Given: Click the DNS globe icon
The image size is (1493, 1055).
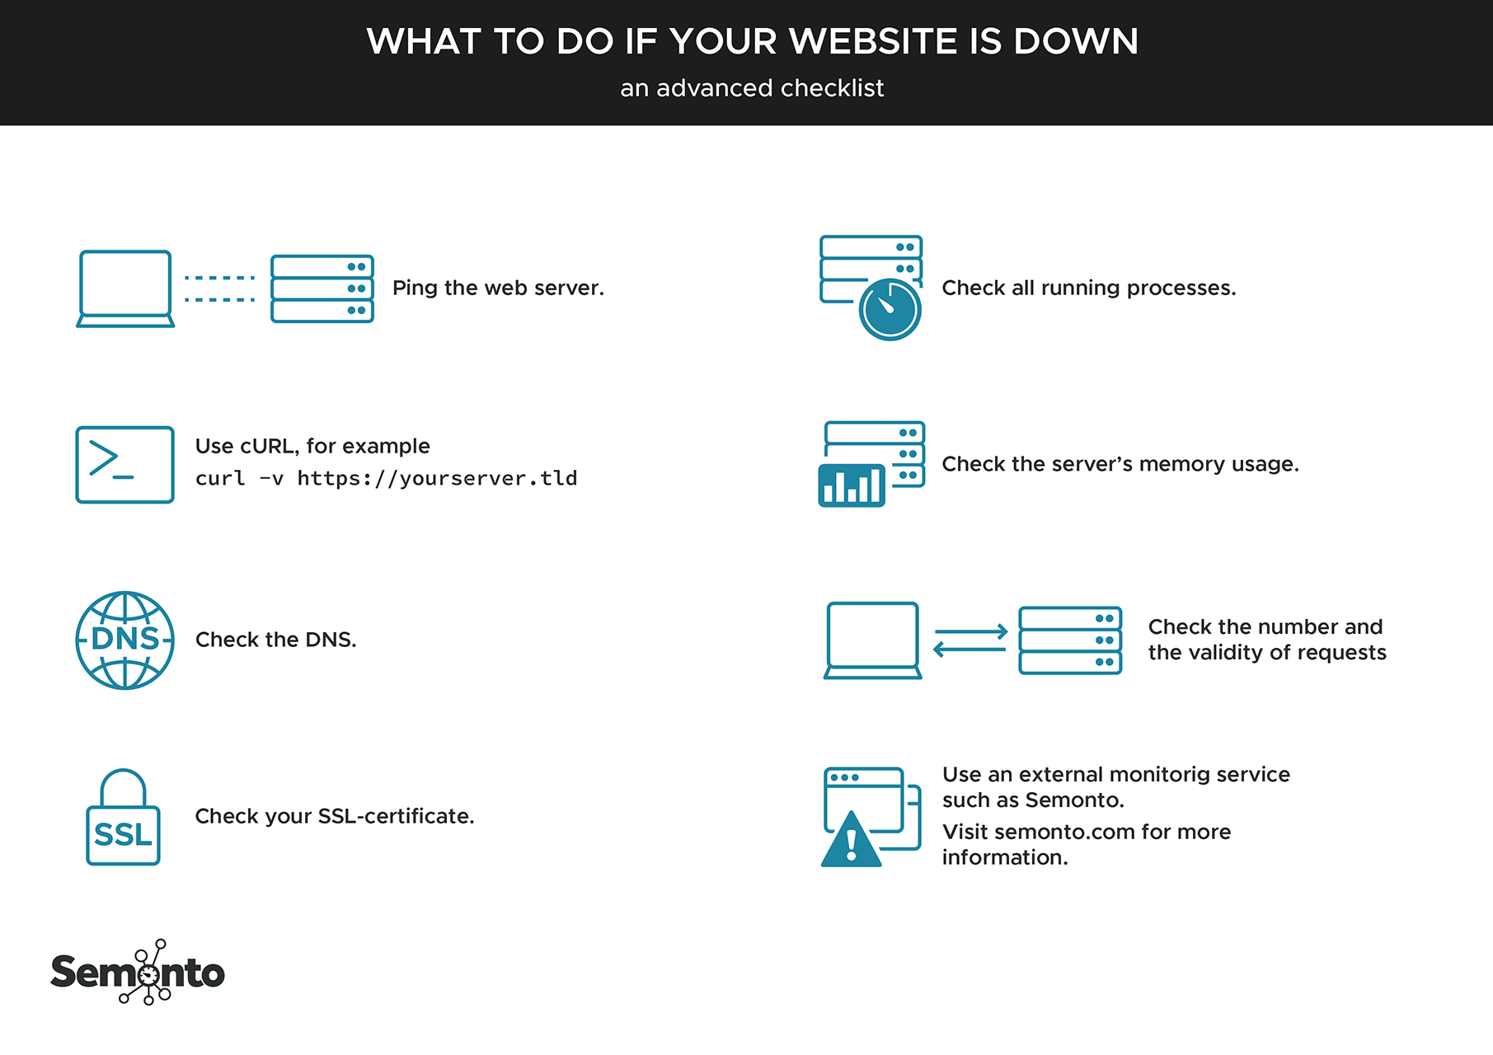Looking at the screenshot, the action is [x=124, y=640].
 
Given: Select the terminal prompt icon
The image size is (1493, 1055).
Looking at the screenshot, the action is [x=124, y=465].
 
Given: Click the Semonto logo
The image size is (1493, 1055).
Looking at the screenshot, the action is [x=138, y=973].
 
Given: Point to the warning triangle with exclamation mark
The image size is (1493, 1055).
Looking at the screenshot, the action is [x=851, y=839].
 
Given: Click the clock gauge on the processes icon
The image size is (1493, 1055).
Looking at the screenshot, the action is [x=890, y=310].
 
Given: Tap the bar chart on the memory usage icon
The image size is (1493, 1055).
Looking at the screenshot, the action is [x=852, y=485].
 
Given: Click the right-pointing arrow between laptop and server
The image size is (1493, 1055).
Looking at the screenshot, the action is [x=971, y=632].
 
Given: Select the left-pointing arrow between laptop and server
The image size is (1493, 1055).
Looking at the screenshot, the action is [x=970, y=649].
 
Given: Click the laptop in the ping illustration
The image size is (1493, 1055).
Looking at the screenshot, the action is [x=125, y=288].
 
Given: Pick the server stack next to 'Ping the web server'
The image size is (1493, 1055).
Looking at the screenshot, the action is [x=322, y=288].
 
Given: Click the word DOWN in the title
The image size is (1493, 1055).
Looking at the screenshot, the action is [x=1076, y=41].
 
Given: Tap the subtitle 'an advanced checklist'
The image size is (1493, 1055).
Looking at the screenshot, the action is [x=752, y=88].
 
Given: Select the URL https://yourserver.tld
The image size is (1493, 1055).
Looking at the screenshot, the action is [x=437, y=478].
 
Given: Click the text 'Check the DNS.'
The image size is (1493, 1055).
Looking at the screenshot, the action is [x=276, y=640].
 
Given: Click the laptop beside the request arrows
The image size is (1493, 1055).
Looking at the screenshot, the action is [x=873, y=640].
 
